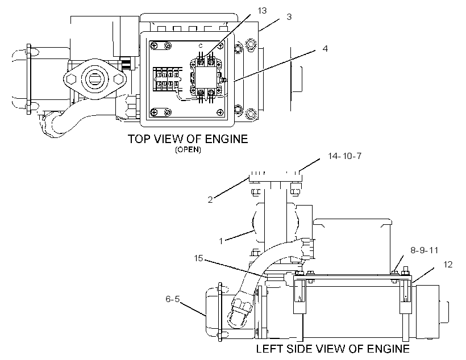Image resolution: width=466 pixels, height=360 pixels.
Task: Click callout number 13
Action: (x=262, y=11)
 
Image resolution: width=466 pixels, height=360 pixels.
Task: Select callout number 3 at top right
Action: (x=289, y=17)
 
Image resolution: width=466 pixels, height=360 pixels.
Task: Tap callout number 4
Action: (x=325, y=48)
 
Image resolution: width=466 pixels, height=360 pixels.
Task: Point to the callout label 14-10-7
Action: (x=344, y=156)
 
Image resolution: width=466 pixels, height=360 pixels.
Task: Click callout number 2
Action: (x=210, y=200)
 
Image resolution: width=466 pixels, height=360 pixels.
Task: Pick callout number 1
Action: (x=221, y=241)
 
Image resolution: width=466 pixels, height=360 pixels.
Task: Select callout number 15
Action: (x=198, y=258)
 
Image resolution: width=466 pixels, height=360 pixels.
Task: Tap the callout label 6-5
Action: (x=173, y=299)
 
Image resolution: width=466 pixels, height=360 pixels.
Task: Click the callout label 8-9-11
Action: (x=424, y=250)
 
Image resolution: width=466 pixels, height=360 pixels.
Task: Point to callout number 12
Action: (x=448, y=265)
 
